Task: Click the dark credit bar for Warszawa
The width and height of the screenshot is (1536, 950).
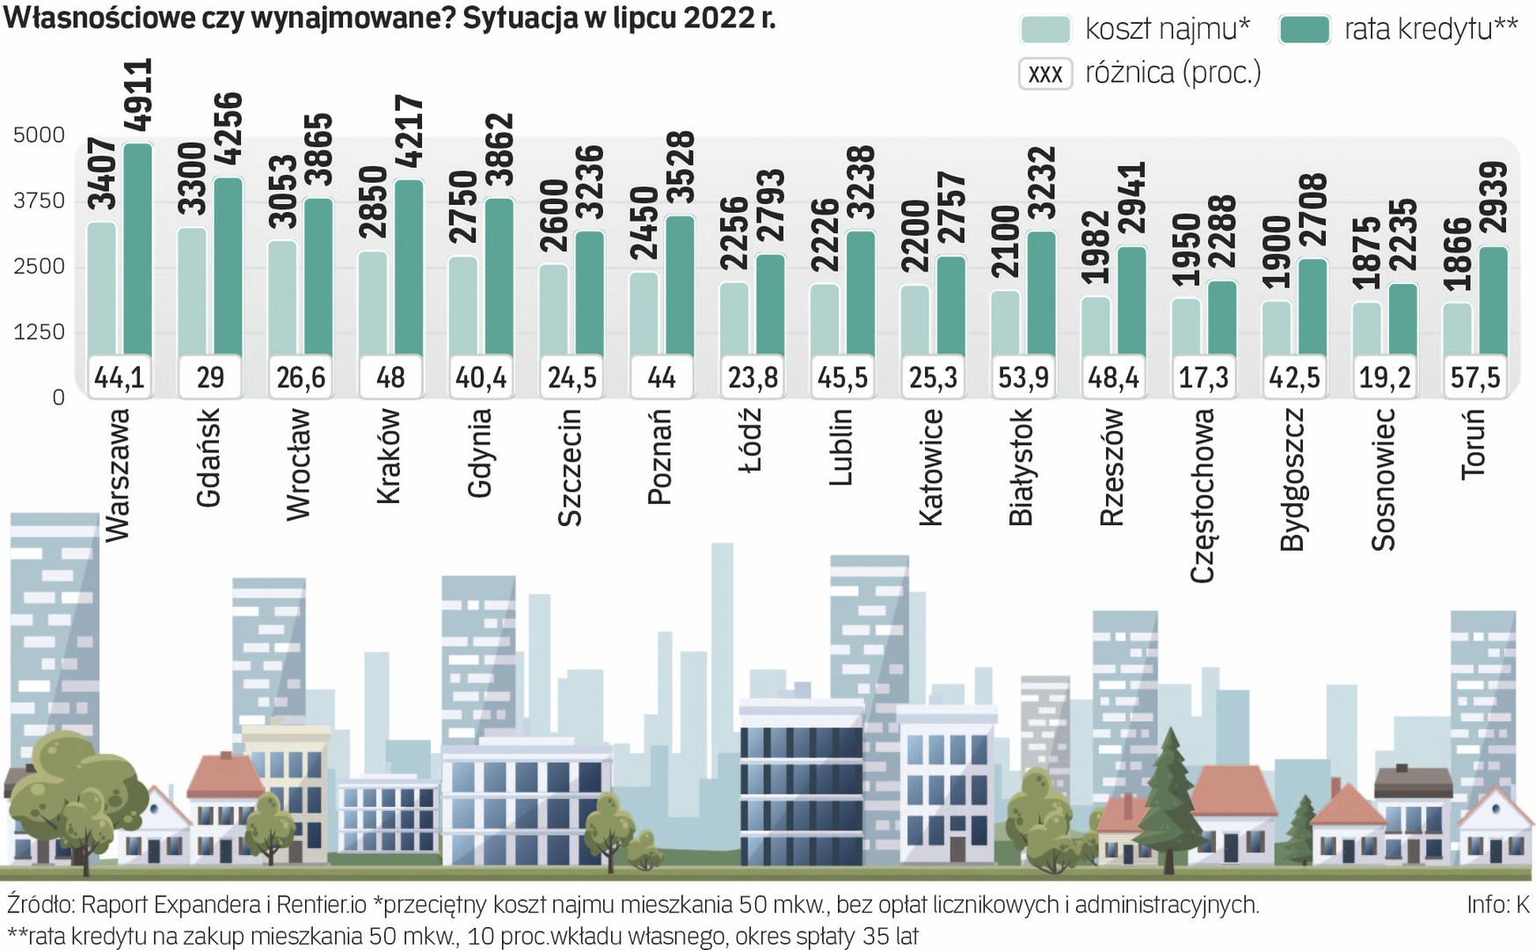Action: pyautogui.click(x=138, y=246)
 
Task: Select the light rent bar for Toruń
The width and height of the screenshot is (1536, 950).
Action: pyautogui.click(x=1457, y=330)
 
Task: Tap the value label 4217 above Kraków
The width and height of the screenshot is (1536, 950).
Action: pyautogui.click(x=409, y=132)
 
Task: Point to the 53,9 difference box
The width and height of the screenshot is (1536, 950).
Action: pyautogui.click(x=1023, y=377)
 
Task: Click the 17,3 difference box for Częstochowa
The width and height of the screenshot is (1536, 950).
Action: pyautogui.click(x=1204, y=377)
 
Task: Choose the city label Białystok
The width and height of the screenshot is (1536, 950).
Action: pyautogui.click(x=1022, y=467)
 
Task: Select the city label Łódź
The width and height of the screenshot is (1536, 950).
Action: pyautogui.click(x=750, y=441)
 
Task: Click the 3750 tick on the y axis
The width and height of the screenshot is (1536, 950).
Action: pyautogui.click(x=40, y=201)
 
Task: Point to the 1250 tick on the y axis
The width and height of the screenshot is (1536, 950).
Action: pyautogui.click(x=40, y=332)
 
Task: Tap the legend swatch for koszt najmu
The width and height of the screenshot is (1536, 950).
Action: pyautogui.click(x=1045, y=29)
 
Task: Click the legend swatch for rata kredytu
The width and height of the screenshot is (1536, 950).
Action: pyautogui.click(x=1305, y=29)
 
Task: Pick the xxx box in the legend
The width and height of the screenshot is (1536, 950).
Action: pyautogui.click(x=1045, y=73)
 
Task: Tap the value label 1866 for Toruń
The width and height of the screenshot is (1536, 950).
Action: pyautogui.click(x=1457, y=254)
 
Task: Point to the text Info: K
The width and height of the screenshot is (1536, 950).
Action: pyautogui.click(x=1497, y=904)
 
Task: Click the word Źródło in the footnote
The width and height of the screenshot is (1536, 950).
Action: pyautogui.click(x=40, y=904)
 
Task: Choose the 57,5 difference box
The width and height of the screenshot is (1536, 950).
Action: pyautogui.click(x=1475, y=377)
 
